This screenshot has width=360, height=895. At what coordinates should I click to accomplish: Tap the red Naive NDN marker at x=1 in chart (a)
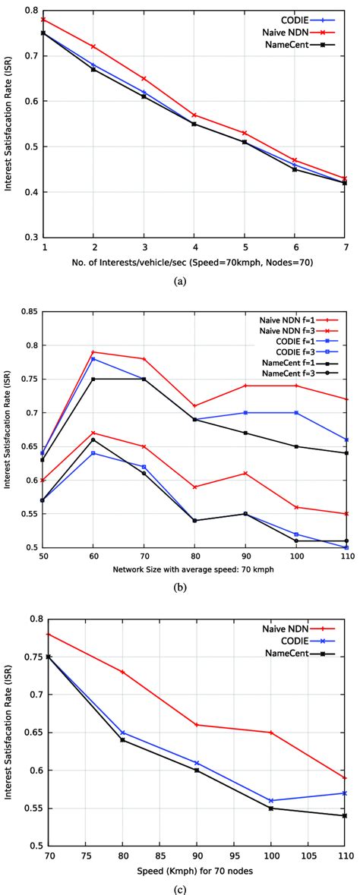(x=44, y=19)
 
